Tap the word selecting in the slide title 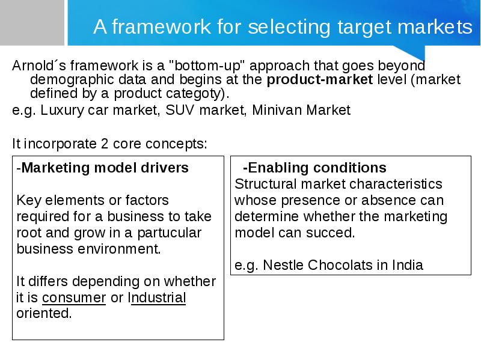point(289,27)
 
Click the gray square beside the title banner point(32,22)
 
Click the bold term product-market point(320,79)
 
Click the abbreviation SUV point(180,110)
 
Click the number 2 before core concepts point(105,144)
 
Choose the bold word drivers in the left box point(164,168)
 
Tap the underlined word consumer point(74,297)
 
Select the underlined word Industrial point(157,297)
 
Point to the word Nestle point(283,265)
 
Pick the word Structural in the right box point(266,184)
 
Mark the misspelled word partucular point(169,233)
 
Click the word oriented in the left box point(44,313)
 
